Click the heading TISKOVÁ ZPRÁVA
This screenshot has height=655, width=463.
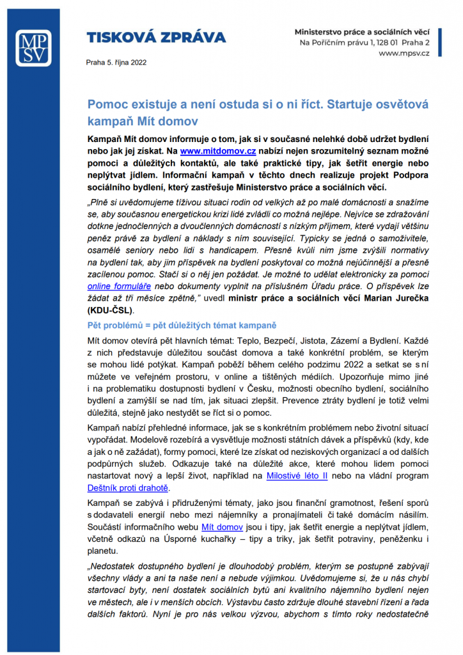(156, 37)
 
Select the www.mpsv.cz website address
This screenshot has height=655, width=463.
(404, 53)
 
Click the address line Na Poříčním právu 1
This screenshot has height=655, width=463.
(341, 42)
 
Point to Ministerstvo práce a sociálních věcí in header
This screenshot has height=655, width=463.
(361, 31)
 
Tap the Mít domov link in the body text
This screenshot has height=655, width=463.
(222, 527)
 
